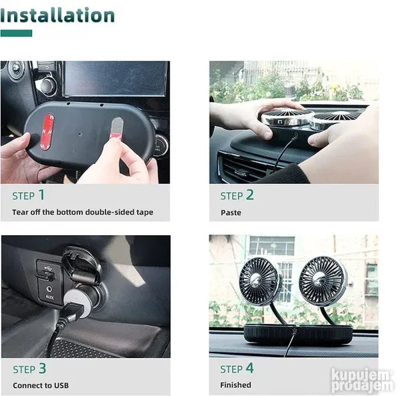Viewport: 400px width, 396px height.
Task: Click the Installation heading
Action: click(57, 15)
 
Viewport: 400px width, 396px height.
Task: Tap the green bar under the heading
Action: click(16, 33)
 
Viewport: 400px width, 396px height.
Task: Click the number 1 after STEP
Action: click(41, 195)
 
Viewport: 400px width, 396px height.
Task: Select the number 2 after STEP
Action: click(250, 195)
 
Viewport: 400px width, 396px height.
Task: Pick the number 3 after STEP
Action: click(43, 369)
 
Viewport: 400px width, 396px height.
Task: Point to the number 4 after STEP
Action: click(250, 368)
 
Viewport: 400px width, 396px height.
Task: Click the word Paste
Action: click(231, 213)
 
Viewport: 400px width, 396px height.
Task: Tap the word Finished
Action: click(236, 385)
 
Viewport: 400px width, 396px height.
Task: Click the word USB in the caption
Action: click(61, 385)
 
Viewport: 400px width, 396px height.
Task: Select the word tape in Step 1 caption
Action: click(145, 212)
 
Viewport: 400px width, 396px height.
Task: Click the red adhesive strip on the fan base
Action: click(47, 132)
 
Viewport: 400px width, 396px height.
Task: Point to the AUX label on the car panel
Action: click(49, 297)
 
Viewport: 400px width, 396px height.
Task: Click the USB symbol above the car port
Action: click(48, 268)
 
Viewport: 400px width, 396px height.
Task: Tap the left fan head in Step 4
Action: click(260, 281)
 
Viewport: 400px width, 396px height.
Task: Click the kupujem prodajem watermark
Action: click(361, 380)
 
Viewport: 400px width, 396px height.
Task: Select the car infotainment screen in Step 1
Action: click(115, 79)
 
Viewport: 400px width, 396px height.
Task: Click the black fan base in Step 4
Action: click(298, 335)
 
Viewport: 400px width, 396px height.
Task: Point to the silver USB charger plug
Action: click(77, 303)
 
